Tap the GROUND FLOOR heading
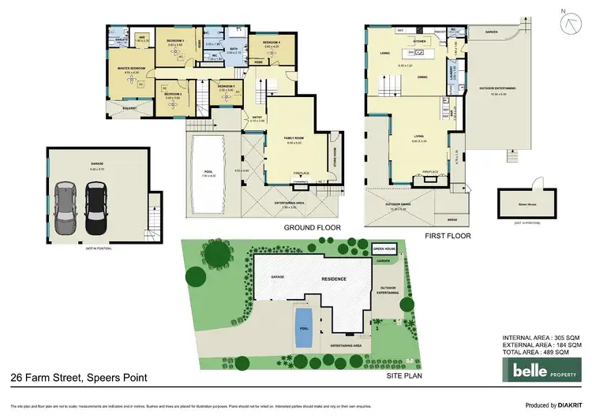click(313, 228)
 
